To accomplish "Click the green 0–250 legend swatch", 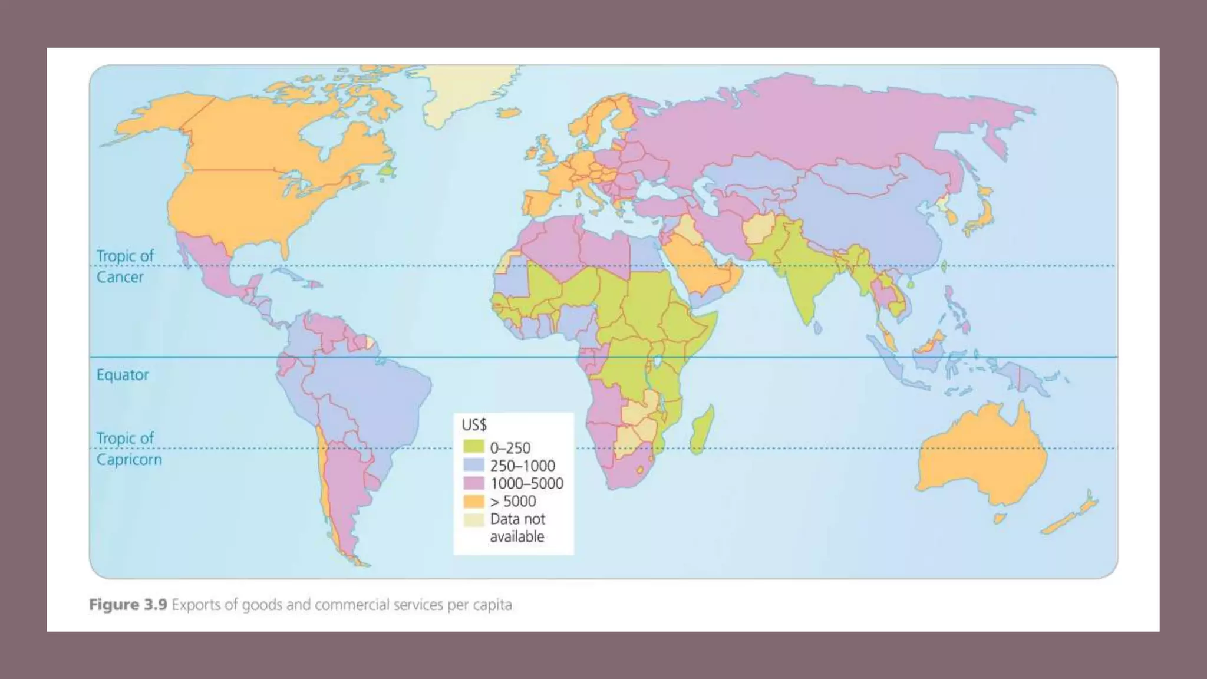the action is (473, 448).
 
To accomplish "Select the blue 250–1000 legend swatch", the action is (473, 466).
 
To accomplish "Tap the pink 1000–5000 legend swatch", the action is (473, 483).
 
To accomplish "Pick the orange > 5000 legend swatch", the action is (473, 501).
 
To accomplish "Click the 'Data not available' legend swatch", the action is (473, 519).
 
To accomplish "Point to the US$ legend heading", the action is (474, 424).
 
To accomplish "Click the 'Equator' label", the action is (123, 375).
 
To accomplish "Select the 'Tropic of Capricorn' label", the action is (128, 449).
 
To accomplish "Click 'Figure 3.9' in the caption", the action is (128, 605).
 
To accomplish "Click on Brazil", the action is (377, 401).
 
